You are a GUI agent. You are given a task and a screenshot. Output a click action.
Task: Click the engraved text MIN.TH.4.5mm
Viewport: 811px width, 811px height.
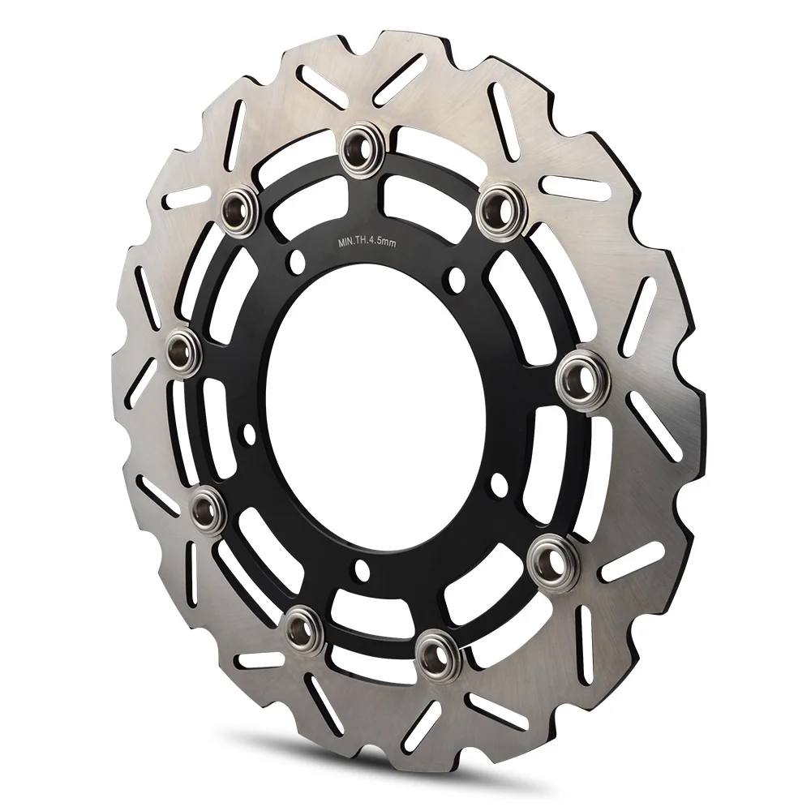tap(367, 242)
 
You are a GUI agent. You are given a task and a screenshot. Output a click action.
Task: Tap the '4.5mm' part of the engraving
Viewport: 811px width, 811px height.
tap(383, 243)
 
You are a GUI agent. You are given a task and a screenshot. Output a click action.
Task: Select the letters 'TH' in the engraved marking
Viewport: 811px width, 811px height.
tap(361, 242)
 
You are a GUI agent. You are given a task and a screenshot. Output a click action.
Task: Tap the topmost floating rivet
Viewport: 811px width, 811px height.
tap(360, 146)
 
